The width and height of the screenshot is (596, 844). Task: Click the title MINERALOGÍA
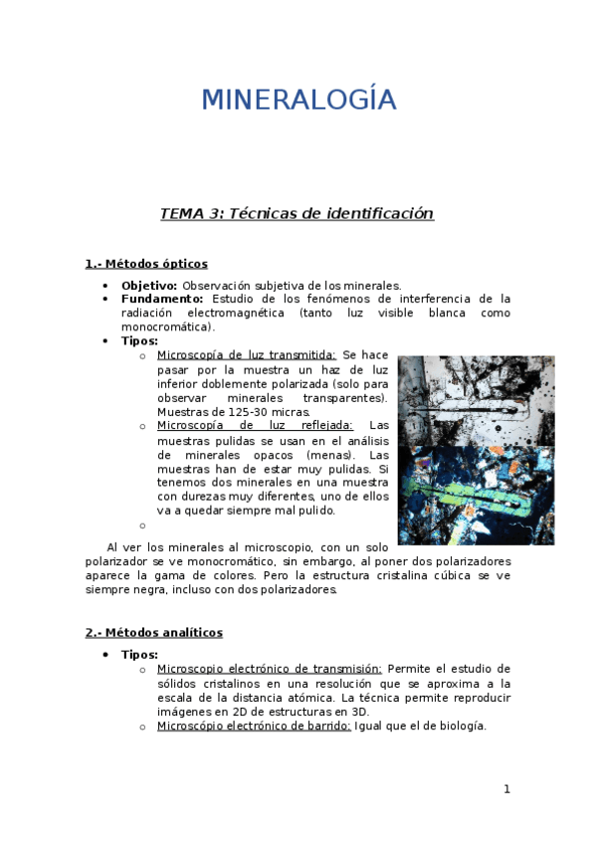(x=298, y=101)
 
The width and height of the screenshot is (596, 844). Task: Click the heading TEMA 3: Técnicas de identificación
(x=298, y=214)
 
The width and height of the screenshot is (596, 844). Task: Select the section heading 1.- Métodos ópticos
(x=146, y=264)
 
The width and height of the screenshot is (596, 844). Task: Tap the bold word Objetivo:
(x=149, y=285)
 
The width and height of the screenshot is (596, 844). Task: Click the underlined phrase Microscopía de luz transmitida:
(x=247, y=355)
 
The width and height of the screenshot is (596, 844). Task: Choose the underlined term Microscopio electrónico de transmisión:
(x=269, y=669)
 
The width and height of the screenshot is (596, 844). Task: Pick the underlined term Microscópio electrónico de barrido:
(x=254, y=726)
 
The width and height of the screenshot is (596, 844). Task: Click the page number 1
(x=506, y=789)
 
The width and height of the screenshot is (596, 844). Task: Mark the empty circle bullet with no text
(x=143, y=526)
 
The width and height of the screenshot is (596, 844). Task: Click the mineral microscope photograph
(x=476, y=450)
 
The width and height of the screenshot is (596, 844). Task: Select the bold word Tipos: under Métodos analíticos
(x=139, y=655)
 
